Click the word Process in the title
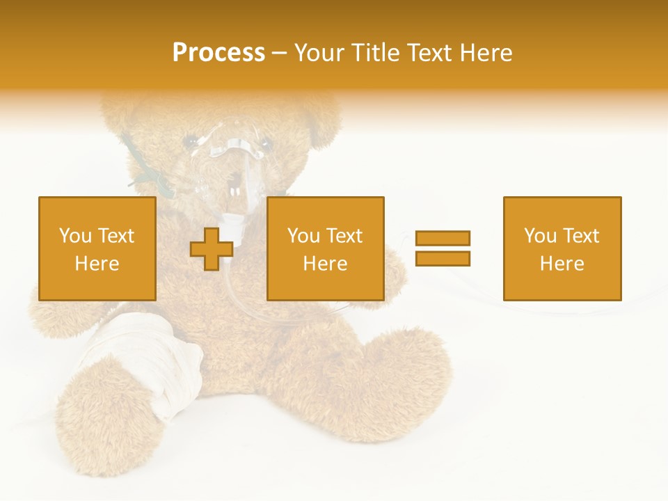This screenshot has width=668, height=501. (218, 53)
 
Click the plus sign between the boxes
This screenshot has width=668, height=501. (212, 249)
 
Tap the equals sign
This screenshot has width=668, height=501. (443, 248)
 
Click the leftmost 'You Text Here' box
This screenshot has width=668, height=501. (97, 248)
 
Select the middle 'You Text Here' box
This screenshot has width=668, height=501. (325, 248)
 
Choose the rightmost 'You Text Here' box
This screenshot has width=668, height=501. (562, 248)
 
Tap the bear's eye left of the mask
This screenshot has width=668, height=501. (189, 143)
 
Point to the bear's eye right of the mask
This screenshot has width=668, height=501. (264, 144)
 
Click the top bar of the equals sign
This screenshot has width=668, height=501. (443, 238)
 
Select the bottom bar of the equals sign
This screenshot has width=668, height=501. (443, 259)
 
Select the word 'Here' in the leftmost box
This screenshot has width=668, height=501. (97, 263)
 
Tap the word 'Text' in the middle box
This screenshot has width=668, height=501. (344, 236)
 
